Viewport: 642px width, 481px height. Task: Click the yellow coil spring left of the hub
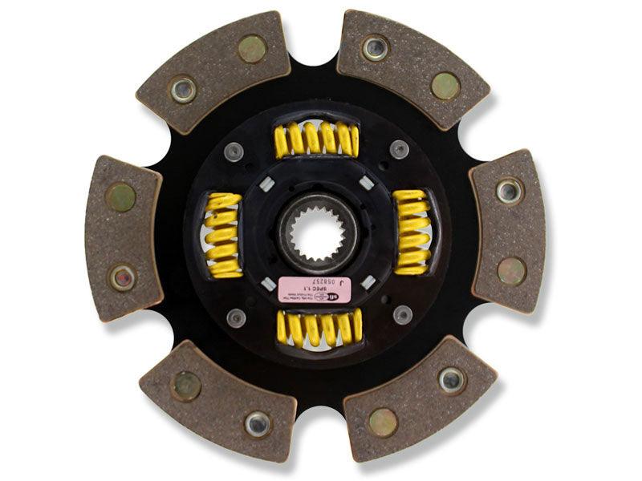tap(223, 235)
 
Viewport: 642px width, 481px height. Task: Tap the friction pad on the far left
tap(123, 236)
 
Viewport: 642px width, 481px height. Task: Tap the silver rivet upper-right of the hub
tap(399, 149)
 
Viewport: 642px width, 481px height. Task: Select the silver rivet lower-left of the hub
tap(236, 317)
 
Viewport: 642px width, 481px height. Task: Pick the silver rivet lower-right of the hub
tap(402, 314)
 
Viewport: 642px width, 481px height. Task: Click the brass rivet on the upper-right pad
tap(445, 85)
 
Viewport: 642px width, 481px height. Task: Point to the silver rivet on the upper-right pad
tap(375, 48)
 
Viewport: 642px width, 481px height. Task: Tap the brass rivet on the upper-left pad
tap(252, 48)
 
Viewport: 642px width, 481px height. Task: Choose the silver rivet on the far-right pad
tap(509, 191)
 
